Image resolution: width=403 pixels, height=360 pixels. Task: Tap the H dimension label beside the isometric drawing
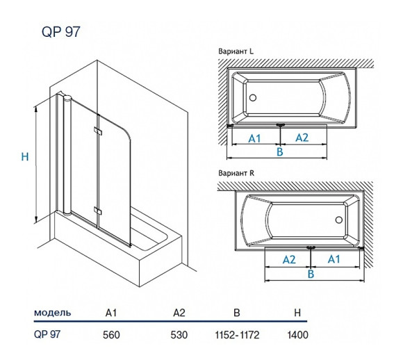pyautogui.click(x=24, y=158)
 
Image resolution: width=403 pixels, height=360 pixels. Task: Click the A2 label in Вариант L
pyautogui.click(x=302, y=138)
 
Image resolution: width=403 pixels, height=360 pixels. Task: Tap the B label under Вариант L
pyautogui.click(x=279, y=152)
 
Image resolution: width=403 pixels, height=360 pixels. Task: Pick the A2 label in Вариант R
pyautogui.click(x=288, y=259)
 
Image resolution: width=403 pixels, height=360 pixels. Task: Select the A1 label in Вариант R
pyautogui.click(x=334, y=259)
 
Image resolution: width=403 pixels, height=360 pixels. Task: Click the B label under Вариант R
pyautogui.click(x=311, y=275)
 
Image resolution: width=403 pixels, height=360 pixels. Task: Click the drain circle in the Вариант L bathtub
pyautogui.click(x=253, y=99)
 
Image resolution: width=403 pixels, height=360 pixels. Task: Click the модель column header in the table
pyautogui.click(x=53, y=313)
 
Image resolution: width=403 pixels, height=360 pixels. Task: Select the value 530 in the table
pyautogui.click(x=180, y=334)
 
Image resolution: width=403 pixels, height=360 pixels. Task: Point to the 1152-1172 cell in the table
pyautogui.click(x=238, y=334)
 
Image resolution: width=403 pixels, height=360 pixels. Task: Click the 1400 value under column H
pyautogui.click(x=297, y=334)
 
